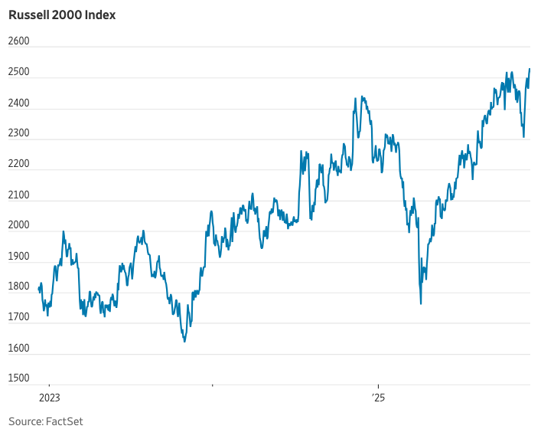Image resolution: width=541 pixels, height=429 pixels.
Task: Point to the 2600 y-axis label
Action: (18, 41)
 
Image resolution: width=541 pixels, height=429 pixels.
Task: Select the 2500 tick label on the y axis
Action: (18, 72)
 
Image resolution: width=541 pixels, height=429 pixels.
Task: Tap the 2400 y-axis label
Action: (18, 103)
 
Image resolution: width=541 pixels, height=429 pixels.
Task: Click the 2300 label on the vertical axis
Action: (18, 133)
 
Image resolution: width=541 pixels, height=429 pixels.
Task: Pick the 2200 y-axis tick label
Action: (18, 164)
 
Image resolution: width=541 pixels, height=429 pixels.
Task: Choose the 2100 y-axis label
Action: (18, 195)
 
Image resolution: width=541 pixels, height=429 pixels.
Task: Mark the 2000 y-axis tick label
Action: (18, 225)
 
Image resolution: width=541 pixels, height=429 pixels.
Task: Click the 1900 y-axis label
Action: (18, 256)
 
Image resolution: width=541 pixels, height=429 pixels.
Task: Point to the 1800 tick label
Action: (18, 287)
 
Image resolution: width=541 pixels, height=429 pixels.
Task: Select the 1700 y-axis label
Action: (18, 317)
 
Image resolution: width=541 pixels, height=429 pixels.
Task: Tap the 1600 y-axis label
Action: (18, 348)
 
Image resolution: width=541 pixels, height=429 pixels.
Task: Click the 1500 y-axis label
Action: (18, 378)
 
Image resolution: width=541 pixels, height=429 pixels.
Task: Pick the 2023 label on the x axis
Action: (49, 398)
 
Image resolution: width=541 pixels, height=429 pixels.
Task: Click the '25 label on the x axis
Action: (378, 398)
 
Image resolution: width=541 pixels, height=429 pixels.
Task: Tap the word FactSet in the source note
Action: (64, 421)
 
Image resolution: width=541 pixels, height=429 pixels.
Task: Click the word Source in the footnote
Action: (25, 421)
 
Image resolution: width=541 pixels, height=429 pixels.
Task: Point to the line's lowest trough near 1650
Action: (184, 341)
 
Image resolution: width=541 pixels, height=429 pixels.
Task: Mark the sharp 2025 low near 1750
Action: (421, 304)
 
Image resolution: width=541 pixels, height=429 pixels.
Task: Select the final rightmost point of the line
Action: (530, 69)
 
